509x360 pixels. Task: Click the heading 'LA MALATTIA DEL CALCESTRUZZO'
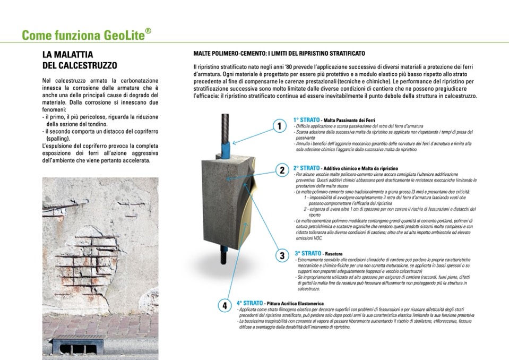80,60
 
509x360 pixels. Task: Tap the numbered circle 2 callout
282,170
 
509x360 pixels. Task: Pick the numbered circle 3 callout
282,255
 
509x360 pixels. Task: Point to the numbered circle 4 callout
225,305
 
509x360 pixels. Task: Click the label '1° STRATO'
306,120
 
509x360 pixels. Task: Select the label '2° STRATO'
307,168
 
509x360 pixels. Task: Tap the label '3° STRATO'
308,253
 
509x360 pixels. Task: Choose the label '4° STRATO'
251,303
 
